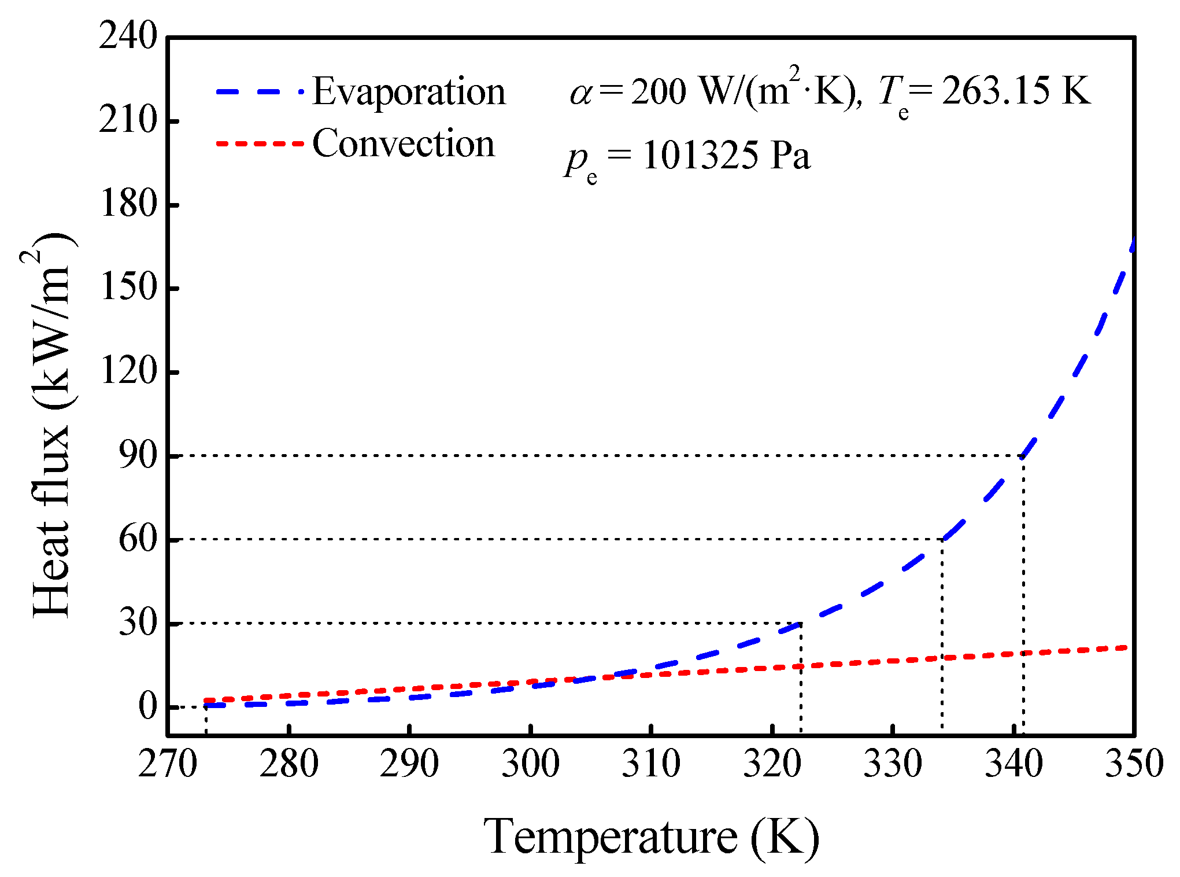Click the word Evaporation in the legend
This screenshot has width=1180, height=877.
[x=409, y=93]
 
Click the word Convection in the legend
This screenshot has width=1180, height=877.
[x=404, y=144]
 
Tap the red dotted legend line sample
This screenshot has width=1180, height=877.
[x=260, y=143]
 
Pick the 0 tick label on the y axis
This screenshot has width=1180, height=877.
[x=147, y=706]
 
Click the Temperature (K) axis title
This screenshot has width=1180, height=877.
[x=651, y=837]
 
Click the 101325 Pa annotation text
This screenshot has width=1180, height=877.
[x=726, y=156]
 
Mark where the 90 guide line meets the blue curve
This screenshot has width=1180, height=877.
[x=1023, y=456]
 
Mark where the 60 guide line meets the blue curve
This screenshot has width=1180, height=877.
[x=942, y=539]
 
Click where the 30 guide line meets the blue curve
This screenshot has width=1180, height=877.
[x=801, y=623]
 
